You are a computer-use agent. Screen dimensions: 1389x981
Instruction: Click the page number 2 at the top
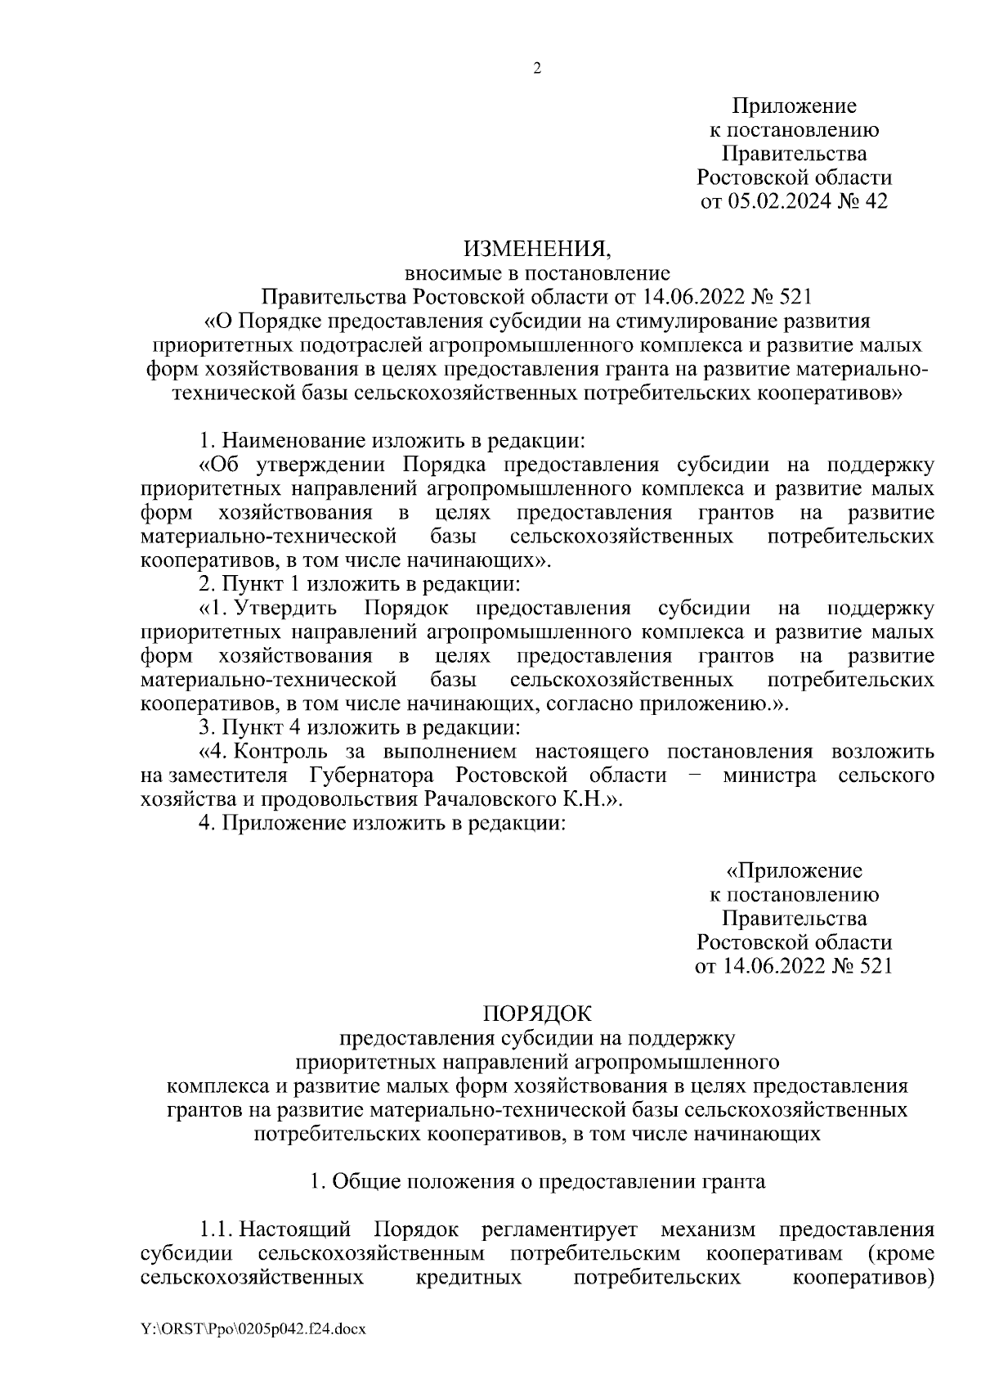[x=537, y=69]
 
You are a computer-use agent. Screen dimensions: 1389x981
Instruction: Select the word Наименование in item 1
[x=296, y=440]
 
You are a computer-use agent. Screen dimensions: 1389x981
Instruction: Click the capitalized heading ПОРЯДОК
[x=536, y=1014]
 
